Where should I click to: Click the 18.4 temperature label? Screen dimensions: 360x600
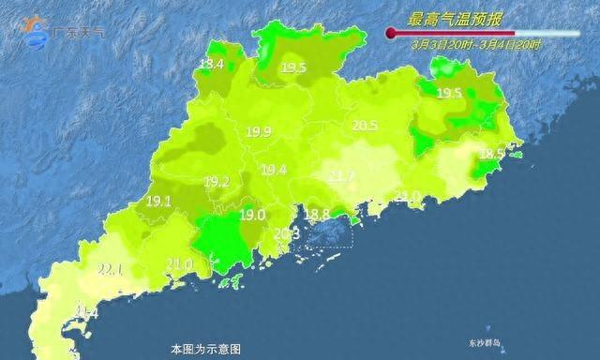coord(211,65)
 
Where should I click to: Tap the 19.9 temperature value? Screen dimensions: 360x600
coord(259,132)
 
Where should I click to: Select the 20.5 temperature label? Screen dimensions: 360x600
coord(364,126)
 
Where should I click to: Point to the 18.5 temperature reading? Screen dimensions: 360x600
coord(491,154)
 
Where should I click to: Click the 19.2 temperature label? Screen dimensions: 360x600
coord(217,182)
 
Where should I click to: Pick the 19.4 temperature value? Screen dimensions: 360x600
coord(274,170)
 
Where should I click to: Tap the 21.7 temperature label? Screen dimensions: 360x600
coord(341,176)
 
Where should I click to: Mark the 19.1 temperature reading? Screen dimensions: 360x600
coord(158,201)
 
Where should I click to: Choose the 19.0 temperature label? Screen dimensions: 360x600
coord(252,215)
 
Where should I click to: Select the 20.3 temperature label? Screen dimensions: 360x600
coord(286,233)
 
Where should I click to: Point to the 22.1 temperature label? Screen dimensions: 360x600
coord(112,270)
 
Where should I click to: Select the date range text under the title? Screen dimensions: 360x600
coord(464,44)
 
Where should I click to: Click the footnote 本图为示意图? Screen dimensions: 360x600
coord(200,349)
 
